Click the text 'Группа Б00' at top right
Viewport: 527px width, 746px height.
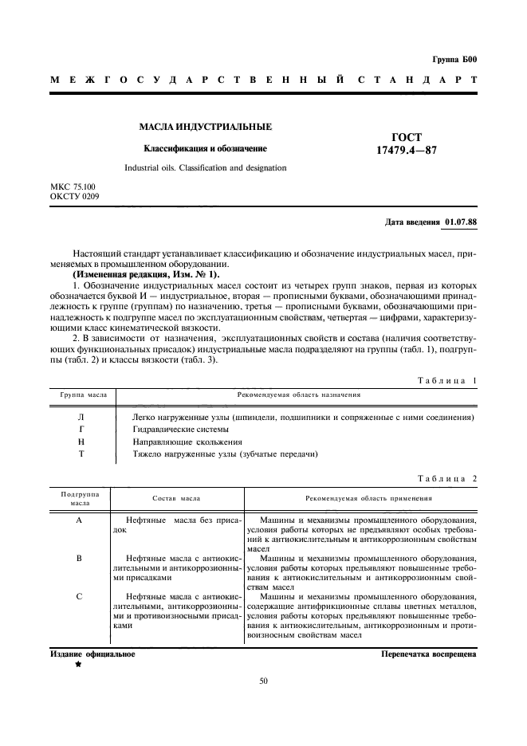(x=454, y=59)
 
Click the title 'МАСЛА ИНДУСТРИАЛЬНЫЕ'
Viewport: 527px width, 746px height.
(x=206, y=127)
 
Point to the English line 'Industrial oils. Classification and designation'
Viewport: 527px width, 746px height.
(x=205, y=168)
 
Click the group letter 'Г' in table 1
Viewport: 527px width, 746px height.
(x=80, y=428)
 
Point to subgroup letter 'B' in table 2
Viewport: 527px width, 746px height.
(x=79, y=558)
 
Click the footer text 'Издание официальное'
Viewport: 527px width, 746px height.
(x=92, y=654)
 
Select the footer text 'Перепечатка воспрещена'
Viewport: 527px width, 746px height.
(x=429, y=654)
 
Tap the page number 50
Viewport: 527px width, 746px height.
(x=264, y=680)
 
